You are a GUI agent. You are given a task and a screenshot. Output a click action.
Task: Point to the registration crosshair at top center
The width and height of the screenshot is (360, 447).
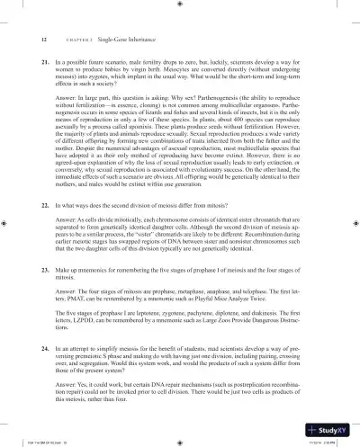179,4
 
